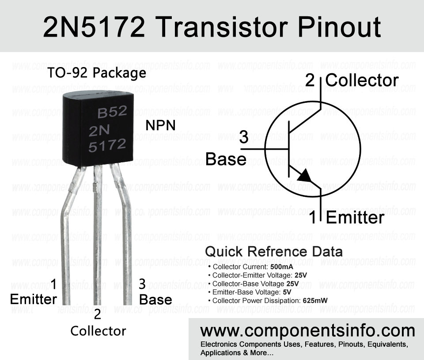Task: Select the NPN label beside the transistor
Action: pos(161,125)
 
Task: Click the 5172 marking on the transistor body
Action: pos(107,146)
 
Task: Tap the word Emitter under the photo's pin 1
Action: pos(34,299)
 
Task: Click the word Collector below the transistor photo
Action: pos(98,331)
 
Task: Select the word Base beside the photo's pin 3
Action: pos(155,300)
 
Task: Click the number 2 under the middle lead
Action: pos(98,314)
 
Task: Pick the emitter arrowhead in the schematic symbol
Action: pos(305,176)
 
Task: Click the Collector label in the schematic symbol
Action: pos(362,80)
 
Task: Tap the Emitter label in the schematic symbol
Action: pos(355,218)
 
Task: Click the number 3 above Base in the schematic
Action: pos(244,138)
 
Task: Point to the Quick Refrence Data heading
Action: pos(274,251)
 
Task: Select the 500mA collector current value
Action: pos(281,267)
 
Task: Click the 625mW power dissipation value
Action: pos(315,300)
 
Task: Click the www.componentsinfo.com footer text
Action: pos(308,331)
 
